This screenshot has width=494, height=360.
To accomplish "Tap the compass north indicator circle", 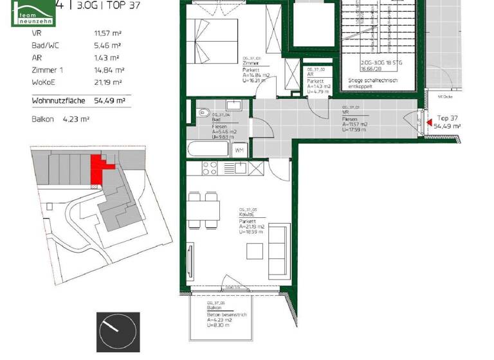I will click(x=117, y=332).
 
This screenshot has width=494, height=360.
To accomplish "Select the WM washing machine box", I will click(x=239, y=150).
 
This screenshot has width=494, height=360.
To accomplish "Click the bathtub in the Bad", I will click(x=208, y=150).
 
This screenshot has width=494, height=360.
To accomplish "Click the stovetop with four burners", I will click(x=210, y=168).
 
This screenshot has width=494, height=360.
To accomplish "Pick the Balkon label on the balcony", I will click(x=214, y=308).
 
